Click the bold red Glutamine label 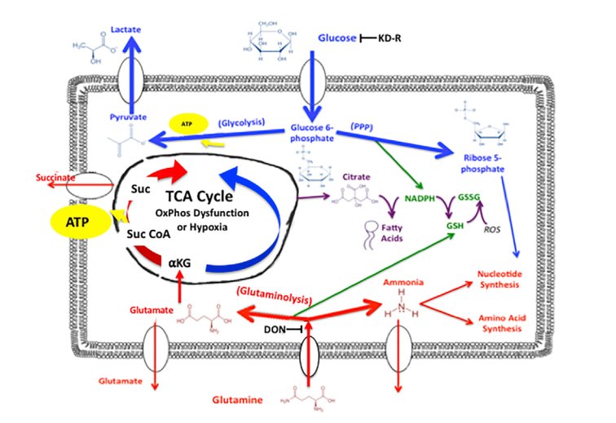pos(238,400)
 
